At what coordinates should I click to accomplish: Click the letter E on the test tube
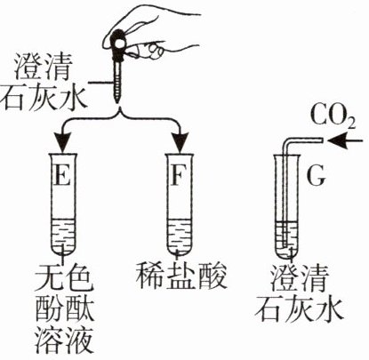pos(62,176)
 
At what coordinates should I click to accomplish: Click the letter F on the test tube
pos(178,176)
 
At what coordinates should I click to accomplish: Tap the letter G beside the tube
pos(317,176)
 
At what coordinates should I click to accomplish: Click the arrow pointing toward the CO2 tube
pos(346,140)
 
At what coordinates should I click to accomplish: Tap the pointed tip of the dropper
pos(117,101)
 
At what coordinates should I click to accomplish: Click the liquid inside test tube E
pos(63,236)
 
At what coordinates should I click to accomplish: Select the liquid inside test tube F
pos(179,236)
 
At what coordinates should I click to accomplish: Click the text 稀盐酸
pos(181,276)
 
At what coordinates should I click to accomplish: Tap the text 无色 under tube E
pos(64,276)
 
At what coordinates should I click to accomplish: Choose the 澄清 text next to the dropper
pos(43,69)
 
